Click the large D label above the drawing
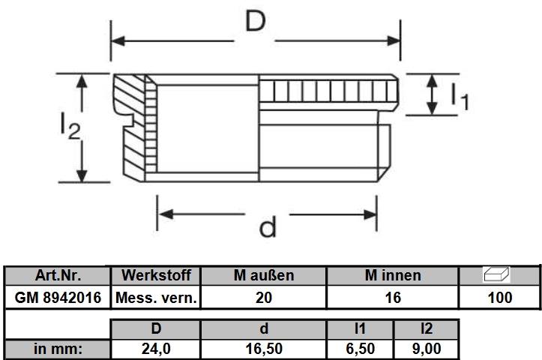[256, 21]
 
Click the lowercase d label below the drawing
[268, 226]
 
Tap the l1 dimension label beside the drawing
[460, 97]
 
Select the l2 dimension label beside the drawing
[70, 126]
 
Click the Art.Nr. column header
[58, 275]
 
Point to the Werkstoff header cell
[156, 275]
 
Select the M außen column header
[264, 275]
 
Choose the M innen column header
[393, 275]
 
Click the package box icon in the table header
[497, 274]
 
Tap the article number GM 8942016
[58, 298]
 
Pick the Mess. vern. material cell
[156, 298]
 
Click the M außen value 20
[264, 298]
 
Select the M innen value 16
[393, 298]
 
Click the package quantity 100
[500, 298]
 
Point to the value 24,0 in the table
[156, 349]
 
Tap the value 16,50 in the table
[264, 349]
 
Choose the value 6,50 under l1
[360, 349]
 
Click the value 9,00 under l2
[427, 349]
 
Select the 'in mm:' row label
[58, 349]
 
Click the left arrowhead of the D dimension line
[118, 41]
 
